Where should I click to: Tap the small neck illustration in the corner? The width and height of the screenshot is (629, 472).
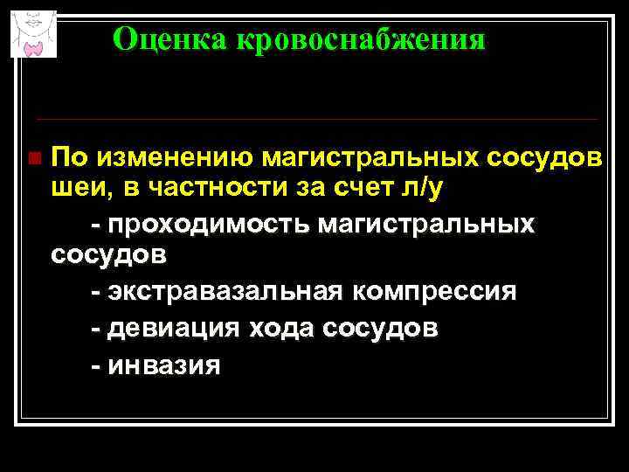[x=33, y=32]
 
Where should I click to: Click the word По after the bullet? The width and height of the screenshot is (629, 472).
[x=70, y=157]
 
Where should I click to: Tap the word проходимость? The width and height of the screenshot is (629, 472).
[x=210, y=225]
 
